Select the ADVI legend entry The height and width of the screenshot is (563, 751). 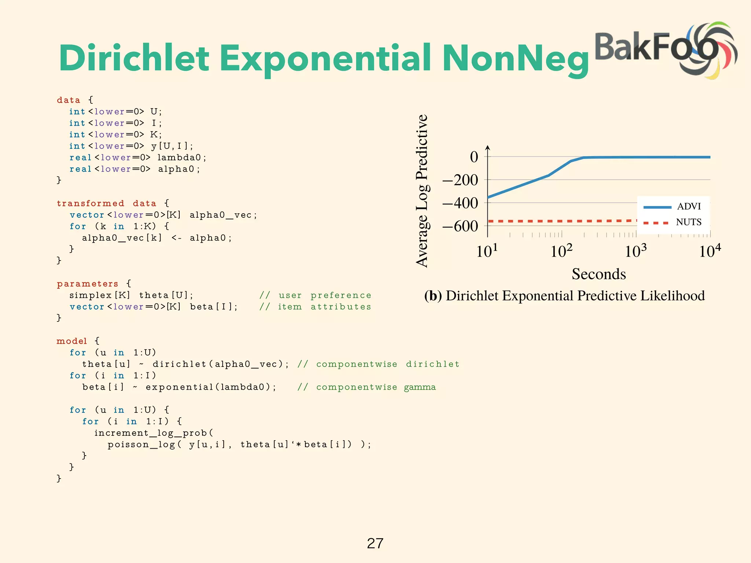point(689,206)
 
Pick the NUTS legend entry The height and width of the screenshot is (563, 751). point(688,222)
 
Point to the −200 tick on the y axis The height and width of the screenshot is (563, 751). point(460,180)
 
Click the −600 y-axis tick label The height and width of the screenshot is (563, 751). point(460,226)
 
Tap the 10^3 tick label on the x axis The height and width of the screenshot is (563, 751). point(635,251)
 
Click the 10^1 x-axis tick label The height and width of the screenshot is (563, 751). point(487,251)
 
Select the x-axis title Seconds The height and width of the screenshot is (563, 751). point(598,274)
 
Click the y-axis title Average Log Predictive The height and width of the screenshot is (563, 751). point(422,191)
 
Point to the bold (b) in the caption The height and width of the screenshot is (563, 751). point(433,296)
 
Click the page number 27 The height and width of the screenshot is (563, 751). point(375,543)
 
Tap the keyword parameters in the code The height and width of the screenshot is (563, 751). point(87,284)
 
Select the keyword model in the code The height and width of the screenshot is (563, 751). point(72,341)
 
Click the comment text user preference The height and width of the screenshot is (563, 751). point(325,295)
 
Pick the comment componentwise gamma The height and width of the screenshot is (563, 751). point(376,387)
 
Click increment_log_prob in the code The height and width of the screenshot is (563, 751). point(150,433)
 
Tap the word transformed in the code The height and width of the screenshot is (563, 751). point(90,203)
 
